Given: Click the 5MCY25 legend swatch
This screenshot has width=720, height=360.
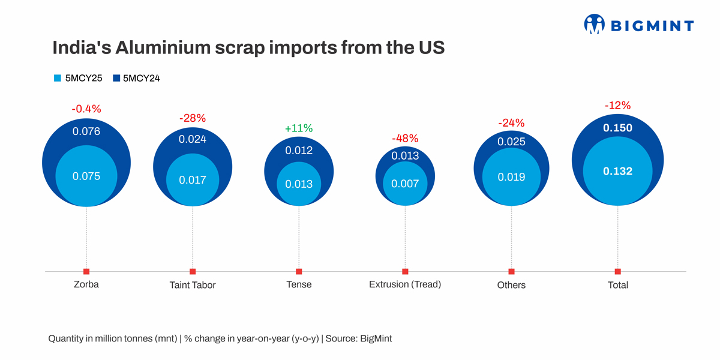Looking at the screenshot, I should (58, 78).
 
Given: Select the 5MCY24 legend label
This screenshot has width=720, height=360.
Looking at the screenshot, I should (141, 78).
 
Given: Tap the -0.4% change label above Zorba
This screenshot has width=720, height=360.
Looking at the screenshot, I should (86, 109).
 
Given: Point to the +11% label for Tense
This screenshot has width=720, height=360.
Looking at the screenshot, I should (299, 128).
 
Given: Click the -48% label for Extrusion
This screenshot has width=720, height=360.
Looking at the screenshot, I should (405, 139).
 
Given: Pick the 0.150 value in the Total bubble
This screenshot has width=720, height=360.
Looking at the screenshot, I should (617, 128).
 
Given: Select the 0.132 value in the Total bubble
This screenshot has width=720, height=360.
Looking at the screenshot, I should (617, 172).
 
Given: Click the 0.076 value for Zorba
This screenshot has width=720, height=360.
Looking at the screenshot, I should (86, 131).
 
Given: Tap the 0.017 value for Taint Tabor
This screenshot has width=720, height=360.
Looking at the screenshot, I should (193, 179).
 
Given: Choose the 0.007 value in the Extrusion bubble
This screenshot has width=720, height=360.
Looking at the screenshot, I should (405, 184).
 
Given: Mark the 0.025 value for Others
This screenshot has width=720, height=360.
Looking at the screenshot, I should (511, 142).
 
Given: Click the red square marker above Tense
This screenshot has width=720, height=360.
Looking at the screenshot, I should (299, 272).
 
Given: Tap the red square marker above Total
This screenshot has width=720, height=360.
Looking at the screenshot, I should (617, 272).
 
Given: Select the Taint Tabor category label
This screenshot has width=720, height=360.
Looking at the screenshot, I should (193, 285).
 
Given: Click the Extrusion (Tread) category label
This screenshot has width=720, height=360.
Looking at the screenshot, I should (405, 284).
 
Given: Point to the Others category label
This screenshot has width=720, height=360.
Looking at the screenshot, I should (511, 285).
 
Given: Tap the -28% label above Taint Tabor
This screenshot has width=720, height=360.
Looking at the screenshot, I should (193, 118).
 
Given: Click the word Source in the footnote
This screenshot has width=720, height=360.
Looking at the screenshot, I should (341, 338).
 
